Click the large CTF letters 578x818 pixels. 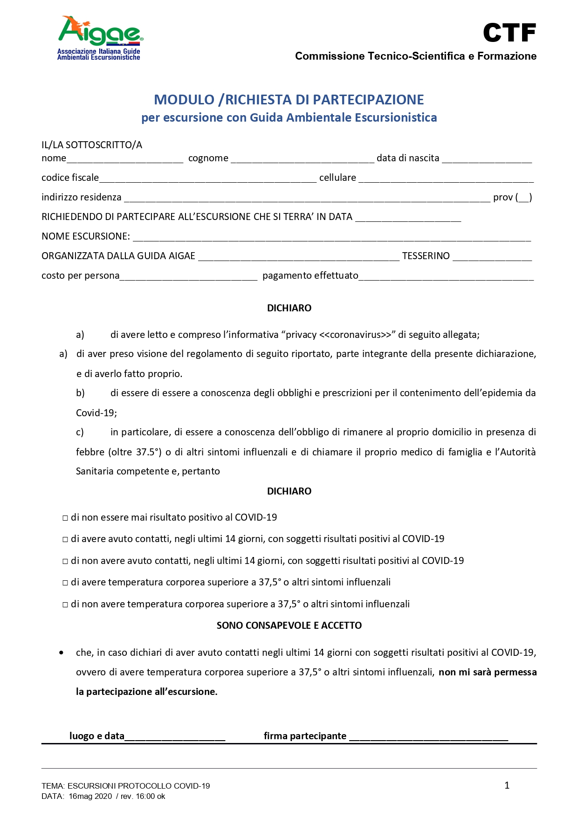click(509, 33)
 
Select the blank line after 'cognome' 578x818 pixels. click(302, 159)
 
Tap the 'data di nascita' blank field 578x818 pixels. click(487, 159)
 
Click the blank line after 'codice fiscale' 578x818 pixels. click(208, 179)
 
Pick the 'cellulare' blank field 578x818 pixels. click(446, 179)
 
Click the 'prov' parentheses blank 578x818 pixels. click(524, 198)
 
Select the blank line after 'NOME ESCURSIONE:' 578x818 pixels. click(331, 237)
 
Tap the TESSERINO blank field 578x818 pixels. click(492, 257)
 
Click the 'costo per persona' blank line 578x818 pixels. click(188, 276)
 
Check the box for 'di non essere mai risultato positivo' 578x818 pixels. click(65, 518)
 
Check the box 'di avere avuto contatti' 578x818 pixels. click(65, 540)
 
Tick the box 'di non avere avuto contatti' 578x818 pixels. click(65, 562)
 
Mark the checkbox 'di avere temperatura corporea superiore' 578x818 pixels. click(65, 583)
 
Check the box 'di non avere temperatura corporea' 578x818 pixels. click(65, 605)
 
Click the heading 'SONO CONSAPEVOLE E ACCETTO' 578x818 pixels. click(289, 626)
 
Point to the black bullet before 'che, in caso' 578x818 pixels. click(62, 653)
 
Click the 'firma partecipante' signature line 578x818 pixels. click(428, 737)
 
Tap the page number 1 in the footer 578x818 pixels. click(507, 785)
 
